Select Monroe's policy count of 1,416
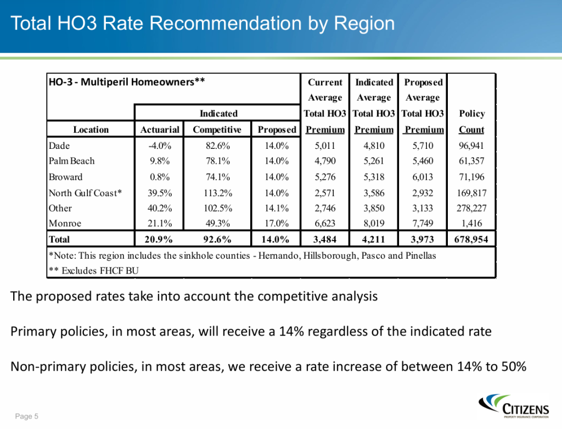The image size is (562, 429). click(472, 224)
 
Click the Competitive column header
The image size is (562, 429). click(217, 130)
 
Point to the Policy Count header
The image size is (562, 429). click(472, 121)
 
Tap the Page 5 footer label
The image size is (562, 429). click(27, 416)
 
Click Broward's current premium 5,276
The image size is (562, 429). click(325, 177)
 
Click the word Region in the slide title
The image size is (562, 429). click(364, 24)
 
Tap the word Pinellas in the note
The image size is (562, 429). click(420, 255)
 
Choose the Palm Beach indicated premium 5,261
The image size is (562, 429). click(374, 161)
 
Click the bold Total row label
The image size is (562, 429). click(59, 239)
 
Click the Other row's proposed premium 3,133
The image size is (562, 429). click(422, 208)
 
